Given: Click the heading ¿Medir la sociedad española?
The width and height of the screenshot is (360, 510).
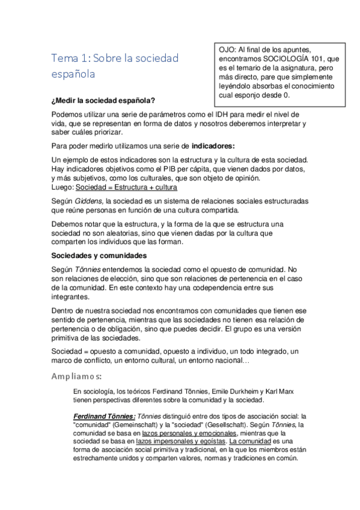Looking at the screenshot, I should [x=103, y=101].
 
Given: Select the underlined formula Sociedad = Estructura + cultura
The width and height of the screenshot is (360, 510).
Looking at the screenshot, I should [x=126, y=187].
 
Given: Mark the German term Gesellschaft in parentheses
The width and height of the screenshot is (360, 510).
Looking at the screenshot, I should [x=232, y=424].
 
